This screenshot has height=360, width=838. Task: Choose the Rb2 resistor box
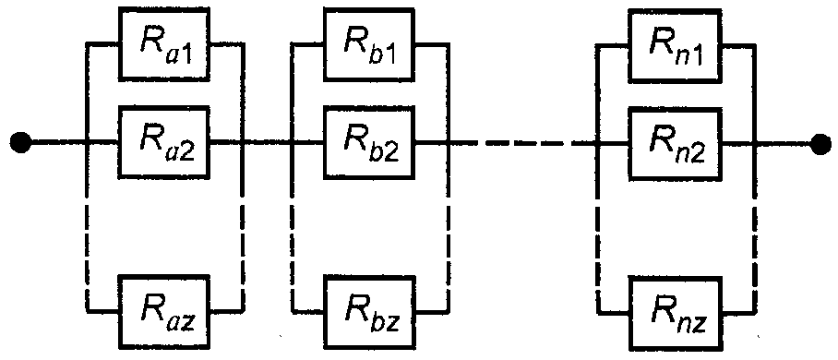pos(369,143)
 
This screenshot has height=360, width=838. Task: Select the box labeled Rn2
pos(675,143)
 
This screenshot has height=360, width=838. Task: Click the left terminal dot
pos(21,143)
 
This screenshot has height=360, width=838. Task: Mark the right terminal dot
pos(820,143)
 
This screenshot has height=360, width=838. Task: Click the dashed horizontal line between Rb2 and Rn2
pos(522,143)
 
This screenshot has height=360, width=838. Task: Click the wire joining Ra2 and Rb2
pos(267,143)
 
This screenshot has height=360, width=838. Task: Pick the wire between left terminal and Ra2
pos(74,143)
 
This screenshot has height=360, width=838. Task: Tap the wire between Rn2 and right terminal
pos(766,143)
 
